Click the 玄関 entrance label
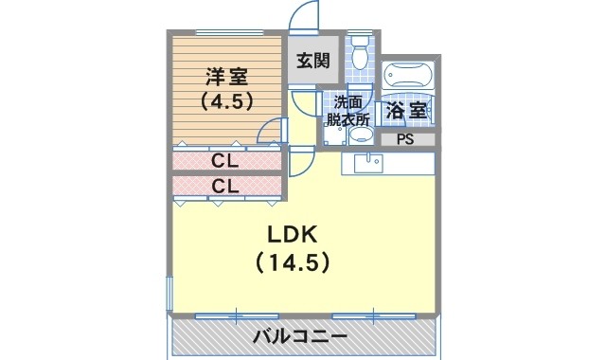click(313, 61)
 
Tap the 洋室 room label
click(226, 77)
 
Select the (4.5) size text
click(226, 101)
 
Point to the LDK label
click(293, 234)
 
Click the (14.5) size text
click(293, 263)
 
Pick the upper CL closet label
click(225, 161)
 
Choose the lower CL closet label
click(225, 187)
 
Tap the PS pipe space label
click(405, 139)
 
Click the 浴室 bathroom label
click(406, 111)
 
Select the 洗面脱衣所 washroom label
click(348, 112)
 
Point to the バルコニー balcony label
click(300, 336)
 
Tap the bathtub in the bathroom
click(408, 75)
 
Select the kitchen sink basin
click(368, 163)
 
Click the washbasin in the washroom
click(360, 135)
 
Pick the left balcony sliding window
click(237, 316)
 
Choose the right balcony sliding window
click(374, 316)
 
